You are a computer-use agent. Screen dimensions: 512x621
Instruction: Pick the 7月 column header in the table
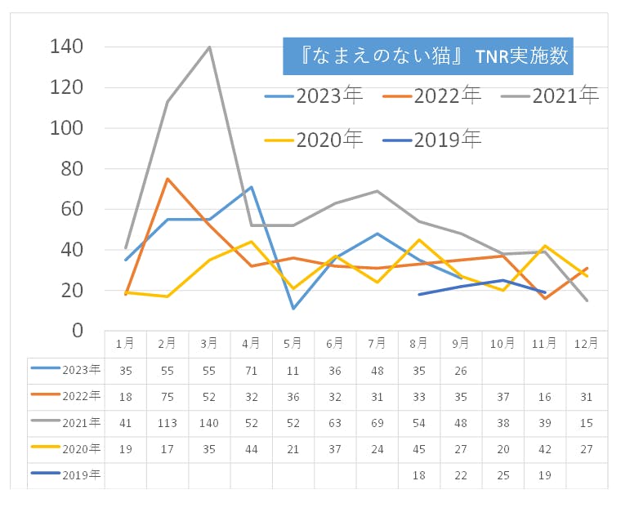coord(377,344)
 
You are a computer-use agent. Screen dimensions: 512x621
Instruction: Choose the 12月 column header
coord(587,344)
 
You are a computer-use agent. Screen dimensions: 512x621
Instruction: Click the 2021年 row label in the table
coord(65,422)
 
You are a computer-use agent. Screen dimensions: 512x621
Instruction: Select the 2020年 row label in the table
coord(65,448)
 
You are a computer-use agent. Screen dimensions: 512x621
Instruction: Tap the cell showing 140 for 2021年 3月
coord(209,423)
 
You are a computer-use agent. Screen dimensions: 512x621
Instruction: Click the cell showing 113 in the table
coord(167,423)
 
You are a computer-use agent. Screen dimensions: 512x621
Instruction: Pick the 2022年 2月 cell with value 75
coord(167,397)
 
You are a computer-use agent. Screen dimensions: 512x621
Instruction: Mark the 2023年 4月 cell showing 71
coord(251,370)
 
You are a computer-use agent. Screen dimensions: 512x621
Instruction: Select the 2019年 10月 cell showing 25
coord(503,475)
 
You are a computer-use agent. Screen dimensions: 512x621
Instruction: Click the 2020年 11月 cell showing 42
coord(545,449)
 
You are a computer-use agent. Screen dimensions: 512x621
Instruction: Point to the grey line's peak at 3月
coord(209,47)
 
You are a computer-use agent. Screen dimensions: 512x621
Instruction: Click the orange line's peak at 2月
coord(168,179)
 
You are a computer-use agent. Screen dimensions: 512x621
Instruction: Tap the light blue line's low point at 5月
coord(293,309)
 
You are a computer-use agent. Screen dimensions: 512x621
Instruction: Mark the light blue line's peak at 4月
coord(251,187)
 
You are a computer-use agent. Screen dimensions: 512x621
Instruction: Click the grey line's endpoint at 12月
coord(587,301)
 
